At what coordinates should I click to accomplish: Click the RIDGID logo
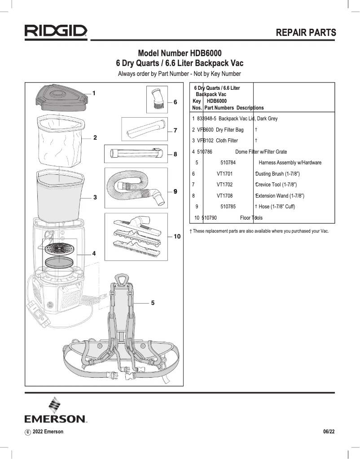coord(56,32)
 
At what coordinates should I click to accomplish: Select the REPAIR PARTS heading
coord(306,32)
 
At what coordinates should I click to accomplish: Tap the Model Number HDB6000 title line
coord(180,53)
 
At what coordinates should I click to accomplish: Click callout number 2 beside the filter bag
coord(95,137)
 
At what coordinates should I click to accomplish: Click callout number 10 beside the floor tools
coord(177,236)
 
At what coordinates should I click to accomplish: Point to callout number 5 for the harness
coord(153,303)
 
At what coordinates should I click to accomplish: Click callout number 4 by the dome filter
coord(94,253)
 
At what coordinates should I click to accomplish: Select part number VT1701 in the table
coord(224,174)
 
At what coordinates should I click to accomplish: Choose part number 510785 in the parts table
coord(228,207)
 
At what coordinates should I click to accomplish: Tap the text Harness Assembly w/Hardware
coord(290,163)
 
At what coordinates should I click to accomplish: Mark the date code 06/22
coord(329,432)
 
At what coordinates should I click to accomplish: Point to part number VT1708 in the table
coord(224,196)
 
